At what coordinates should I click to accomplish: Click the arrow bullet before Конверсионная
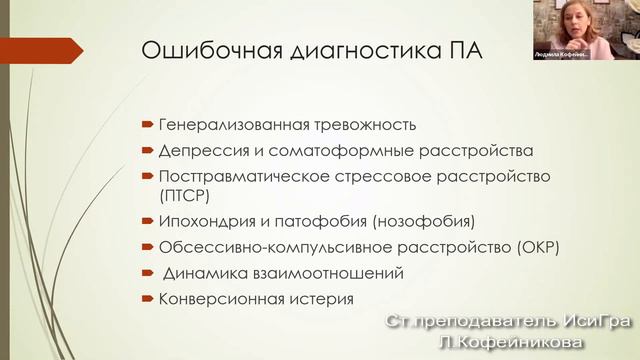[146, 297]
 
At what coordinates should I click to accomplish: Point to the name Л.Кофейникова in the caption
[510, 342]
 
